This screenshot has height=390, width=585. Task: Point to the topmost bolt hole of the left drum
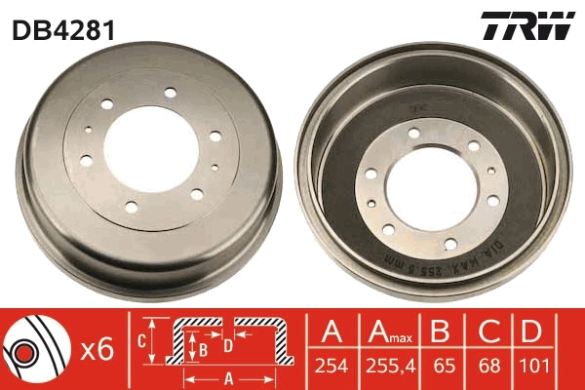(x=170, y=93)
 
